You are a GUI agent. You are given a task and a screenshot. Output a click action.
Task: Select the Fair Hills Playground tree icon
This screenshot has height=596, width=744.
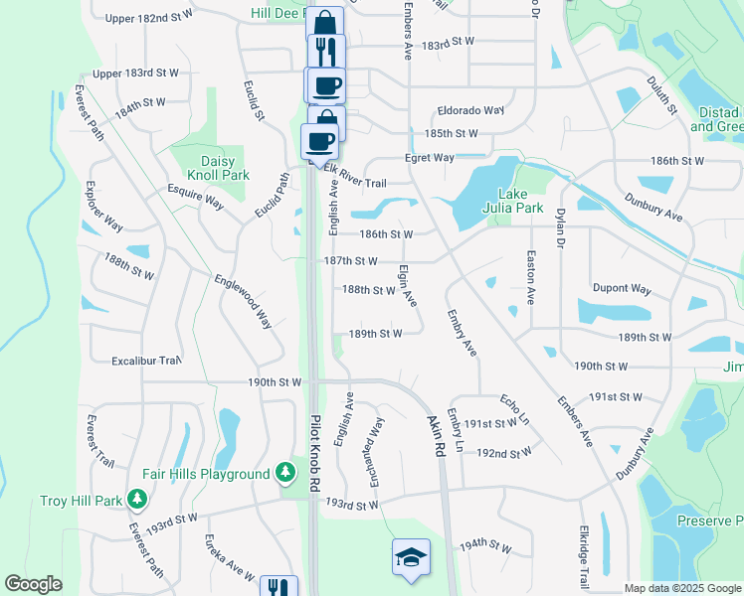point(286,471)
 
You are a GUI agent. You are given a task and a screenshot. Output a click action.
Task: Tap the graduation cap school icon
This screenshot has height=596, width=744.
point(411,558)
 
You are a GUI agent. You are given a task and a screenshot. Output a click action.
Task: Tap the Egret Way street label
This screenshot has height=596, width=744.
point(429,158)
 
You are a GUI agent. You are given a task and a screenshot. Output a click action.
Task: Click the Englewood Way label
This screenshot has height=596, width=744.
point(243,302)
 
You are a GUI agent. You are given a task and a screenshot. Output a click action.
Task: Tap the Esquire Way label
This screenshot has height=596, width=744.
point(195,197)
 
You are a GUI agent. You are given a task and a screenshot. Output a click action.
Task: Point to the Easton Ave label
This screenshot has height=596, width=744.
point(530,279)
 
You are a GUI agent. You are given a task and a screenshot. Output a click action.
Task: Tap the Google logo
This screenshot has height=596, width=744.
point(33,584)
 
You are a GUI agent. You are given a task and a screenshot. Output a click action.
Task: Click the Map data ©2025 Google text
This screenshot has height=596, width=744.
point(683,588)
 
